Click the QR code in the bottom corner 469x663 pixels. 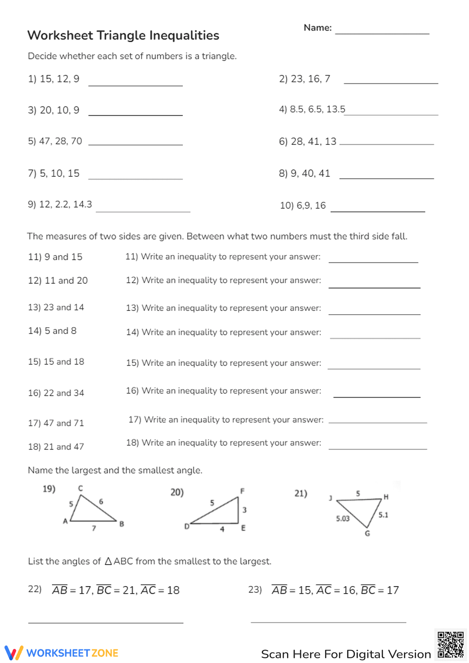pos(450,645)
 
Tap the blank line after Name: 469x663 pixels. pos(382,33)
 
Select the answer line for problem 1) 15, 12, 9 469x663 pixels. pos(136,85)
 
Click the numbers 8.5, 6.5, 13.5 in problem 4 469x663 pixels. pos(318,109)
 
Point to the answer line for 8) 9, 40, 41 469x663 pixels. pos(386,178)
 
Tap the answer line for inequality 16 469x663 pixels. pos(377,396)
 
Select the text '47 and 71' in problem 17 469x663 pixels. pos(64,423)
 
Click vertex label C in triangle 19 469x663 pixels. pos(81,488)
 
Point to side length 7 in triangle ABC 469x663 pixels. pos(94,528)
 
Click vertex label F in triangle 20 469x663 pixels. pos(242,491)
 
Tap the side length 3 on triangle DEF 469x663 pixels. pos(244,510)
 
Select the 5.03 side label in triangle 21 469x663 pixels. pos(343,518)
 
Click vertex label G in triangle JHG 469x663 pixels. pos(367,534)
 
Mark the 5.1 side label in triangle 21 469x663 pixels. pos(383,515)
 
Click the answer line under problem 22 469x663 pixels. pos(106,622)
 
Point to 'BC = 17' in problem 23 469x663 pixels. pos(380,590)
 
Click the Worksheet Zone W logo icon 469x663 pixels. pos(14,653)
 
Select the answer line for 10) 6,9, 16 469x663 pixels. pos(378,211)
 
